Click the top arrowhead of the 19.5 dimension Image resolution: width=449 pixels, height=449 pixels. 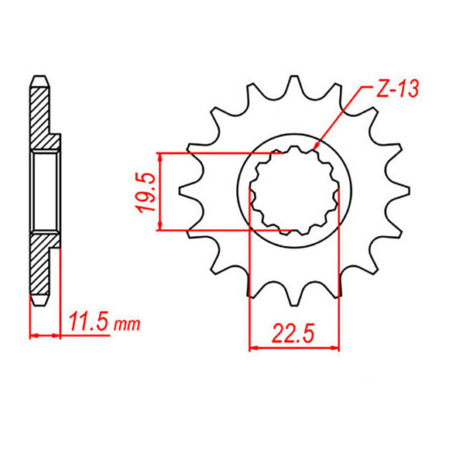(x=159, y=156)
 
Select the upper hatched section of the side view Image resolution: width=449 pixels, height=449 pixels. (x=39, y=116)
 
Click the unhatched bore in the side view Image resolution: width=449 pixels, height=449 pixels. (x=44, y=190)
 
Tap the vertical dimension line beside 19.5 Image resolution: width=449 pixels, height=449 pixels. (x=159, y=190)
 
